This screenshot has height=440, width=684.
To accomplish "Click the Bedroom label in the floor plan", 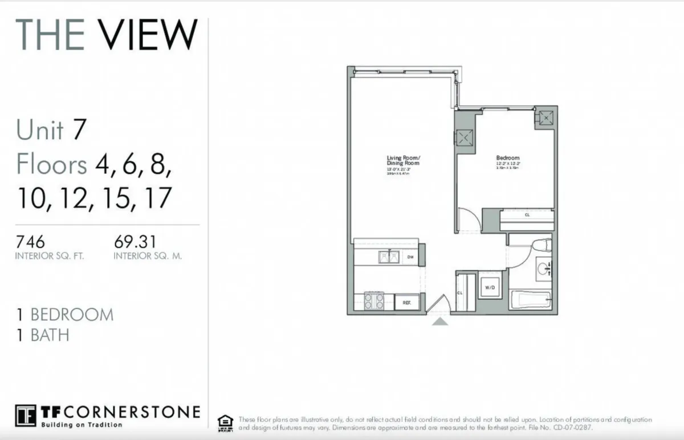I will [508, 158].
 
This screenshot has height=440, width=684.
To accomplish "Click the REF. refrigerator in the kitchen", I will [407, 302].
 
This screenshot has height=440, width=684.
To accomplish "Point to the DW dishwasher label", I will [410, 258].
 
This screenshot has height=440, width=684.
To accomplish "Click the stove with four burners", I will [374, 300].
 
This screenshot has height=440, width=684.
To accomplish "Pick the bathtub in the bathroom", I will [530, 300].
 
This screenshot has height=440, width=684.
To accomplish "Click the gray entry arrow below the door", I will [440, 321].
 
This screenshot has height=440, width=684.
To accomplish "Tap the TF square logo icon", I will [26, 415].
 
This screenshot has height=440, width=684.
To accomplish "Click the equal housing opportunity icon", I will [226, 422].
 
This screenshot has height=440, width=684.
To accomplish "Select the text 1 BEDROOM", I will [65, 315].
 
